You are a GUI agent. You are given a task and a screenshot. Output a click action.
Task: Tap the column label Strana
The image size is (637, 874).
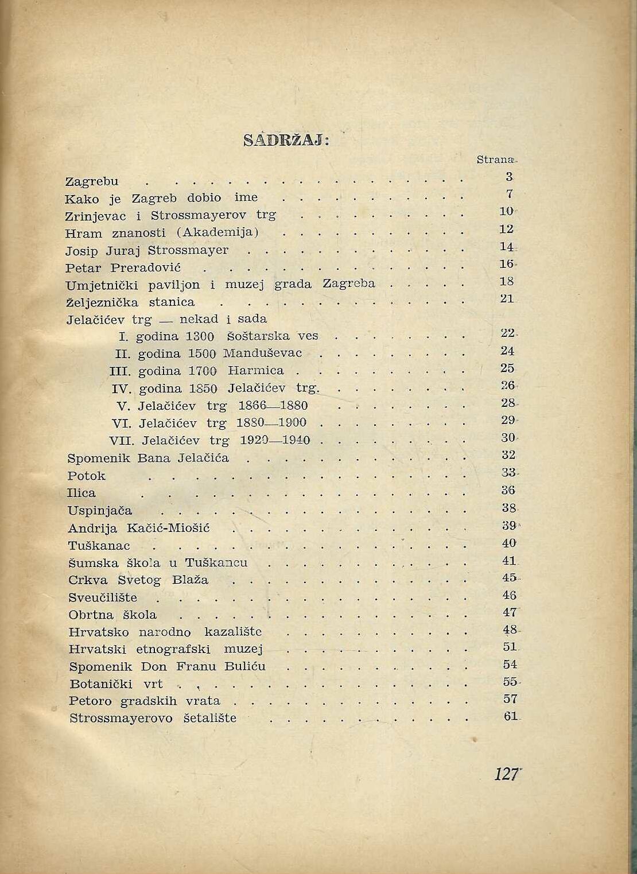(496, 160)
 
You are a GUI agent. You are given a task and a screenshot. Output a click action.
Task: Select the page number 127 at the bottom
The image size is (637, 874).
(507, 774)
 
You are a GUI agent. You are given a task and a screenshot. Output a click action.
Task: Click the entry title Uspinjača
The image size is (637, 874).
(100, 510)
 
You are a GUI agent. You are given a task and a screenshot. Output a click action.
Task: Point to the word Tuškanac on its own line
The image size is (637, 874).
(99, 545)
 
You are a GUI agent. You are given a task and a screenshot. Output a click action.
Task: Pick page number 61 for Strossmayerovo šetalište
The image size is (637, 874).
(511, 716)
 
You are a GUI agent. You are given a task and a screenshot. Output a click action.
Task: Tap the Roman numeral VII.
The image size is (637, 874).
(122, 441)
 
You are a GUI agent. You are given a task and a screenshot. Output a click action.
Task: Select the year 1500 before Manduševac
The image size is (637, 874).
(201, 353)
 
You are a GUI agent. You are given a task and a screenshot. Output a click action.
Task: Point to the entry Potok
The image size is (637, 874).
(87, 475)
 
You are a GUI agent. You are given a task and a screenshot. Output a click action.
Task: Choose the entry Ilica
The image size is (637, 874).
(81, 492)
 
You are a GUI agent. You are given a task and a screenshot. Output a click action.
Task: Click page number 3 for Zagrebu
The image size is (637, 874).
(509, 177)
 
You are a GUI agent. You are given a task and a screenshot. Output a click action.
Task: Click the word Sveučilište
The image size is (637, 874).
(103, 597)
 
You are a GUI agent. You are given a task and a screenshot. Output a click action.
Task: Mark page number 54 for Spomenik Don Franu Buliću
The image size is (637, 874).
(510, 665)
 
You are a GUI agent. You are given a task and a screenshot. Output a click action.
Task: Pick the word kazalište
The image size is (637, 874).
(233, 632)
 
